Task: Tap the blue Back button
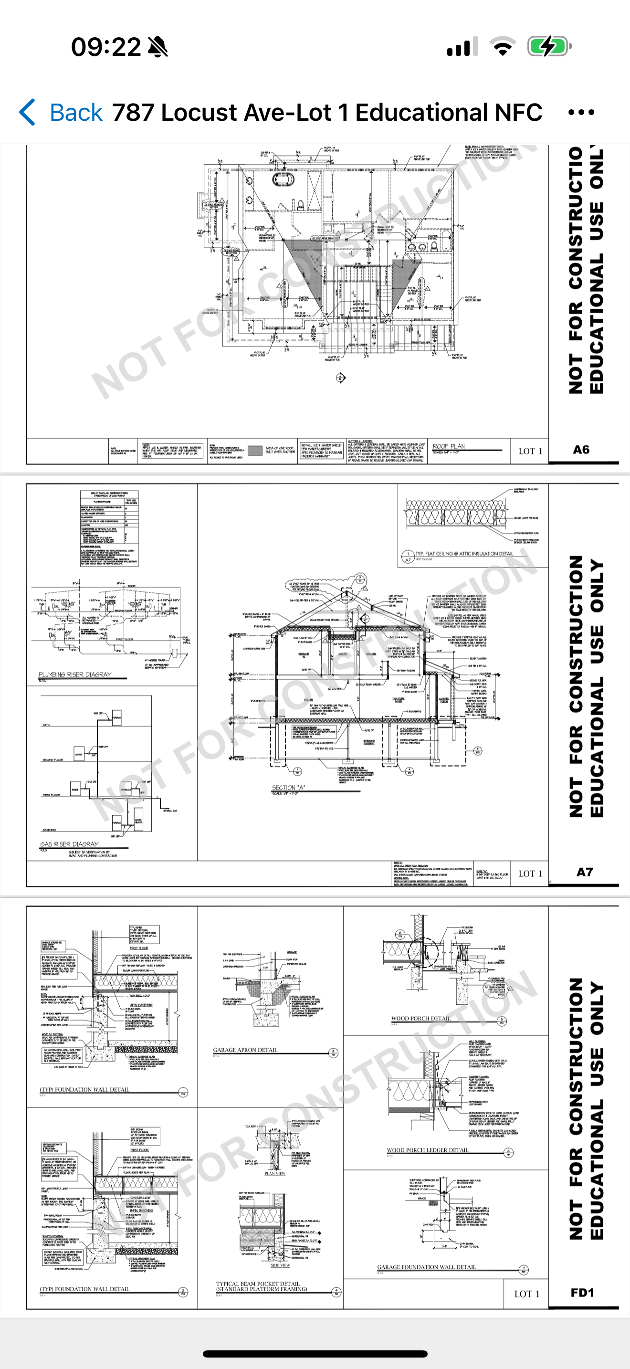tap(61, 113)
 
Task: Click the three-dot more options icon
tap(581, 113)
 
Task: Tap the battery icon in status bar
tap(549, 47)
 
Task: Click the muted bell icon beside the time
tap(158, 47)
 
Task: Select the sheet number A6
tap(581, 450)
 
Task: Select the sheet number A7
tap(584, 872)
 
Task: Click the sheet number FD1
tap(582, 1293)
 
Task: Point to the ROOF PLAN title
tap(449, 446)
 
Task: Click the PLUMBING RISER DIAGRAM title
tap(75, 674)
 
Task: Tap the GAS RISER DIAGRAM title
tap(70, 844)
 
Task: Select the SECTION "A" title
tap(288, 788)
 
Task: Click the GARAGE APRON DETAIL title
tap(245, 1050)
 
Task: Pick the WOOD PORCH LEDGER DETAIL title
tap(428, 1150)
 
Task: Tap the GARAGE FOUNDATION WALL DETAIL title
tap(427, 1267)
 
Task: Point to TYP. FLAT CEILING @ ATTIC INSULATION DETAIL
tap(464, 553)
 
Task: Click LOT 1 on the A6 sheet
tap(530, 451)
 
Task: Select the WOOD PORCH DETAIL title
tap(420, 1019)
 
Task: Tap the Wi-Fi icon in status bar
tap(502, 47)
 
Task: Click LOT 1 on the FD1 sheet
tap(526, 1294)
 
